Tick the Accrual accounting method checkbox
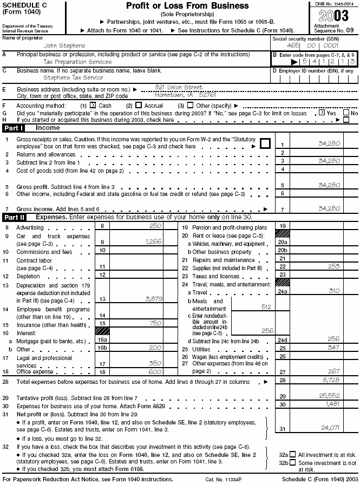pos(139,106)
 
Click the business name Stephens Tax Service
pos(73,78)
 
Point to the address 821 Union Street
pos(179,87)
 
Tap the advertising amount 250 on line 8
pos(155,225)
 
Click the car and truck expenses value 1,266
pos(154,241)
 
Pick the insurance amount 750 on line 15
pos(155,323)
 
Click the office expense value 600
pos(155,372)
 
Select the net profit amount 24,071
pos(330,427)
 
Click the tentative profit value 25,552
pos(330,396)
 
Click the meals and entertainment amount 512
pos(266,307)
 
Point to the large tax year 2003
pos(333,15)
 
